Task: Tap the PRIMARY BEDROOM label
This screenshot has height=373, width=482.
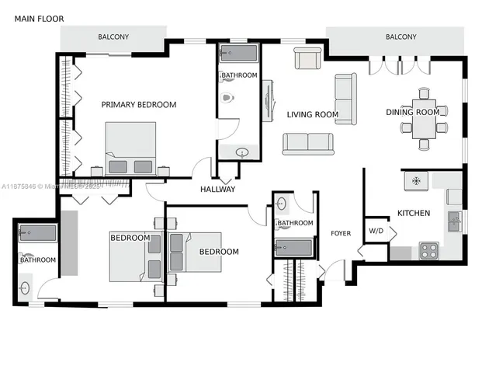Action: [139, 105]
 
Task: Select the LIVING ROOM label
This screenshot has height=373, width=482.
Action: [313, 115]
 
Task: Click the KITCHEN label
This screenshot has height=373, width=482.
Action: [414, 213]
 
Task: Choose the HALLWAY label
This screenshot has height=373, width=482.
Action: [217, 190]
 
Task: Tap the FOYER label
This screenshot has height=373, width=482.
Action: [341, 233]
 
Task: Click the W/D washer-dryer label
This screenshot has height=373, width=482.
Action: [376, 231]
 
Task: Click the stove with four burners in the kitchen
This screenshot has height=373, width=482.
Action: [428, 250]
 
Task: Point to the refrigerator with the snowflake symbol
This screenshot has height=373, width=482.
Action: [416, 180]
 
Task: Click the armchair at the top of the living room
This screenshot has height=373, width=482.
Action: [307, 58]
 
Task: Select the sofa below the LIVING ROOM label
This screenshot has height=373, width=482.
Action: [308, 144]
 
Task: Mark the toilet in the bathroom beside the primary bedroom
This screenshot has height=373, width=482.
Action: [227, 99]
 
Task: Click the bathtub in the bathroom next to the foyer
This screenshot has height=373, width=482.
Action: [293, 249]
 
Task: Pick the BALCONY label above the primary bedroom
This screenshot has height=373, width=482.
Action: [113, 37]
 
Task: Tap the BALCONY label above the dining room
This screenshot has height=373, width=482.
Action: [401, 37]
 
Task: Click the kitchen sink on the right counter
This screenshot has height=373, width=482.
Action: [454, 221]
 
